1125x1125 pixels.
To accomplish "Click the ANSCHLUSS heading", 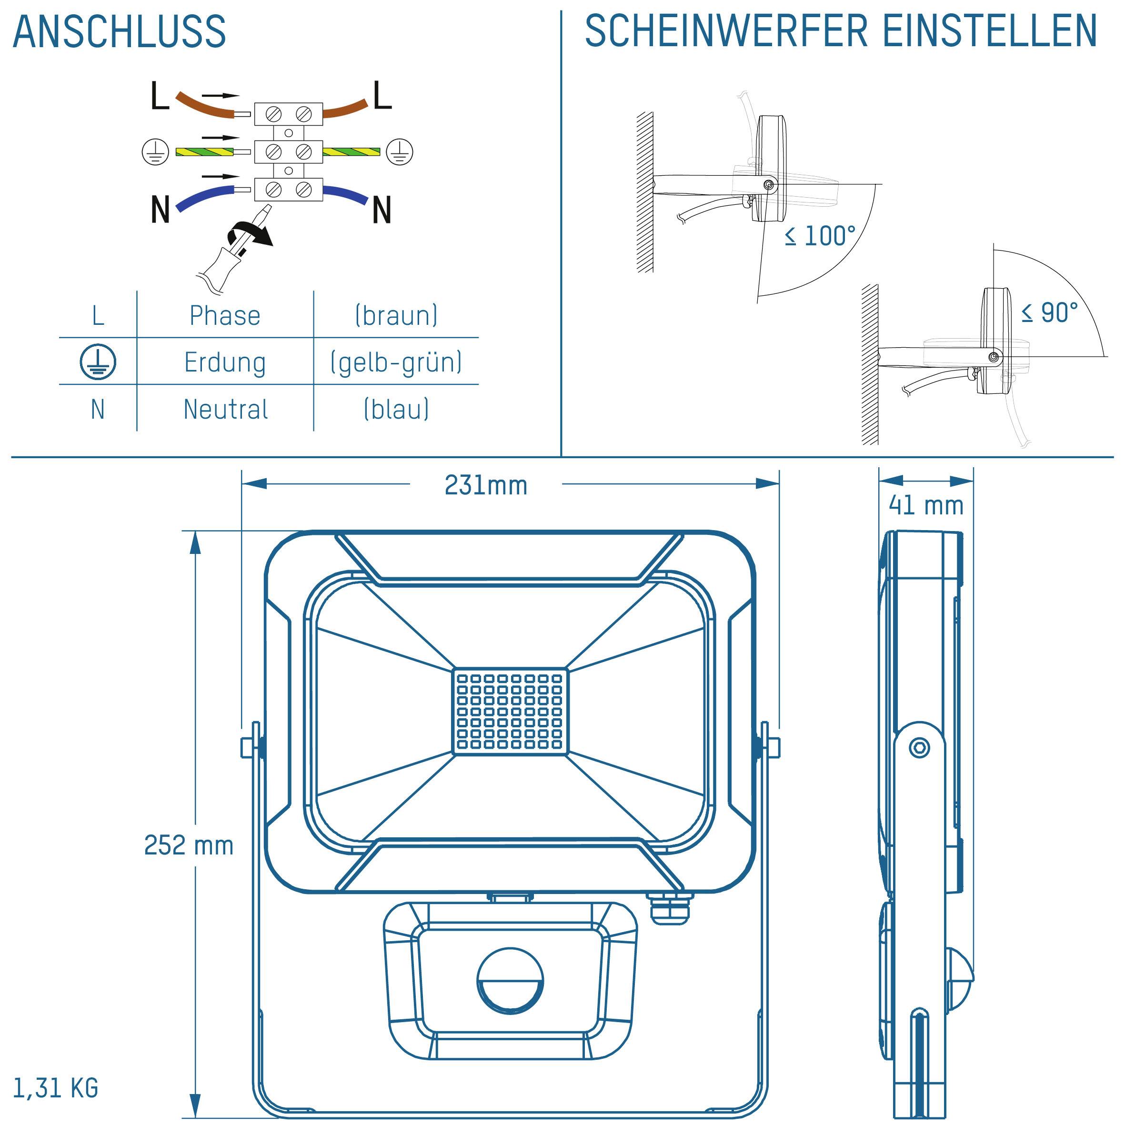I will pos(120,32).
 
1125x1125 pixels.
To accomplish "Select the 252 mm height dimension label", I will pos(189,845).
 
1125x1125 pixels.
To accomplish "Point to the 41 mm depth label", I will pos(926,505).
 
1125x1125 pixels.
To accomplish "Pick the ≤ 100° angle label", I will pos(820,236).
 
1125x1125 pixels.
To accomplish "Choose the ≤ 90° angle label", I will pos(1049,313).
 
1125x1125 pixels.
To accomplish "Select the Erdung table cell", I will pos(225,362).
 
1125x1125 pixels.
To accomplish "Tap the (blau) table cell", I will pos(396,409).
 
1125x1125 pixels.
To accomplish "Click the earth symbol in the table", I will pos(98,362).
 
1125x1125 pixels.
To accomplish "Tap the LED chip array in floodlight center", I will pos(510,712).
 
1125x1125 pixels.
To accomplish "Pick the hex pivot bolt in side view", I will pos(919,748).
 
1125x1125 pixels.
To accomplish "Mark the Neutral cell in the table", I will pos(225,409).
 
